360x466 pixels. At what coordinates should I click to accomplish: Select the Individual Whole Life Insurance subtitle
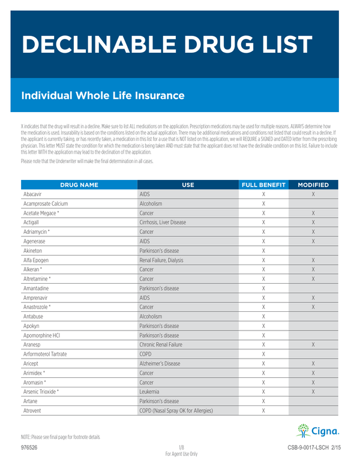pos(103,95)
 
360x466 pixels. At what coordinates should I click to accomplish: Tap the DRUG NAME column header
pos(79,185)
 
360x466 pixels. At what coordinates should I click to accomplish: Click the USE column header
pos(188,185)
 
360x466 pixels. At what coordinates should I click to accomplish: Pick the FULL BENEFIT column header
pos(263,185)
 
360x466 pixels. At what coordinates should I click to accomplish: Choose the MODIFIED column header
pos(313,185)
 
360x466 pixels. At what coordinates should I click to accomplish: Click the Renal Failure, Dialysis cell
pos(161,260)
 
